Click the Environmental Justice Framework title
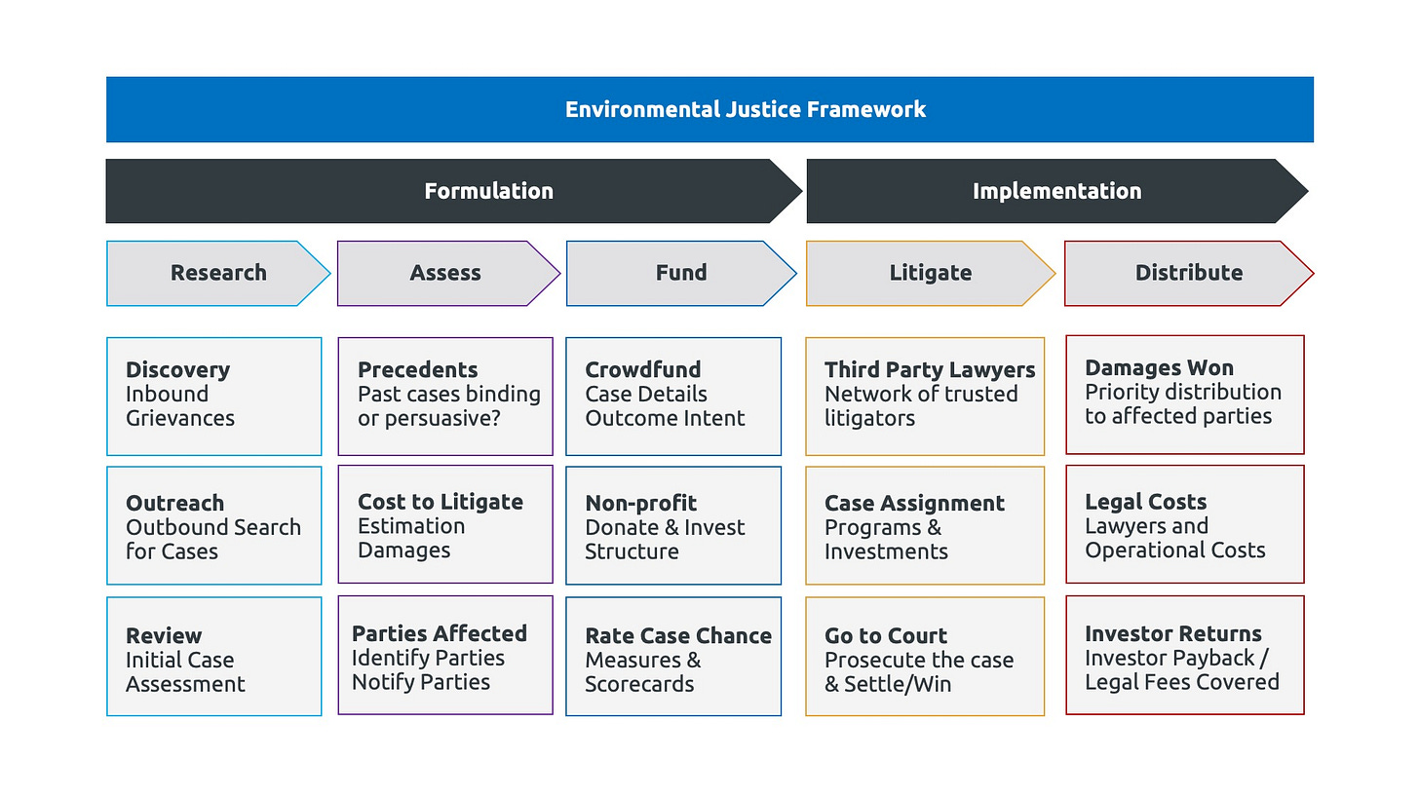(745, 109)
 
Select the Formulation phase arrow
(453, 191)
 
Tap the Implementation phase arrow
(1057, 191)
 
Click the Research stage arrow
(218, 273)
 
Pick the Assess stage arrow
(448, 273)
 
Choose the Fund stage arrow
(681, 273)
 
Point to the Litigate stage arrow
(931, 273)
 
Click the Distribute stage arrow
(1189, 273)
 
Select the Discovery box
(214, 397)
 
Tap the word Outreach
(174, 503)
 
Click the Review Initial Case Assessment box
(214, 656)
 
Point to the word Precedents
(417, 369)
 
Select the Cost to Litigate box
(445, 524)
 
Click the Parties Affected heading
(439, 633)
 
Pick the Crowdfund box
(673, 397)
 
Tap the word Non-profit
(640, 503)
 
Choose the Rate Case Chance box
(673, 656)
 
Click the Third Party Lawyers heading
(930, 369)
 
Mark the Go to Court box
(925, 656)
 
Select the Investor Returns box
(1185, 655)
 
